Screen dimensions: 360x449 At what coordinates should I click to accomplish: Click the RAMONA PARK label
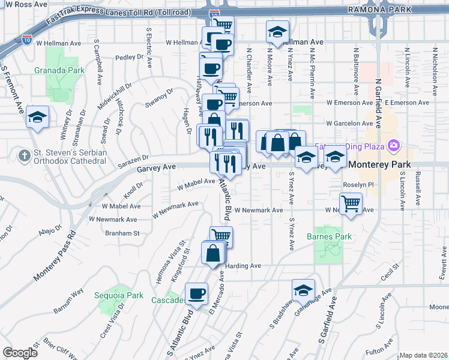(x=380, y=10)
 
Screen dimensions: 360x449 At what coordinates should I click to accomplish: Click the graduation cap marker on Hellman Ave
(x=277, y=32)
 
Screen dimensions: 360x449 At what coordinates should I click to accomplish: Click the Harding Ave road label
(x=243, y=266)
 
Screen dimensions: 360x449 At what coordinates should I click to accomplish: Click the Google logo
(x=20, y=353)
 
